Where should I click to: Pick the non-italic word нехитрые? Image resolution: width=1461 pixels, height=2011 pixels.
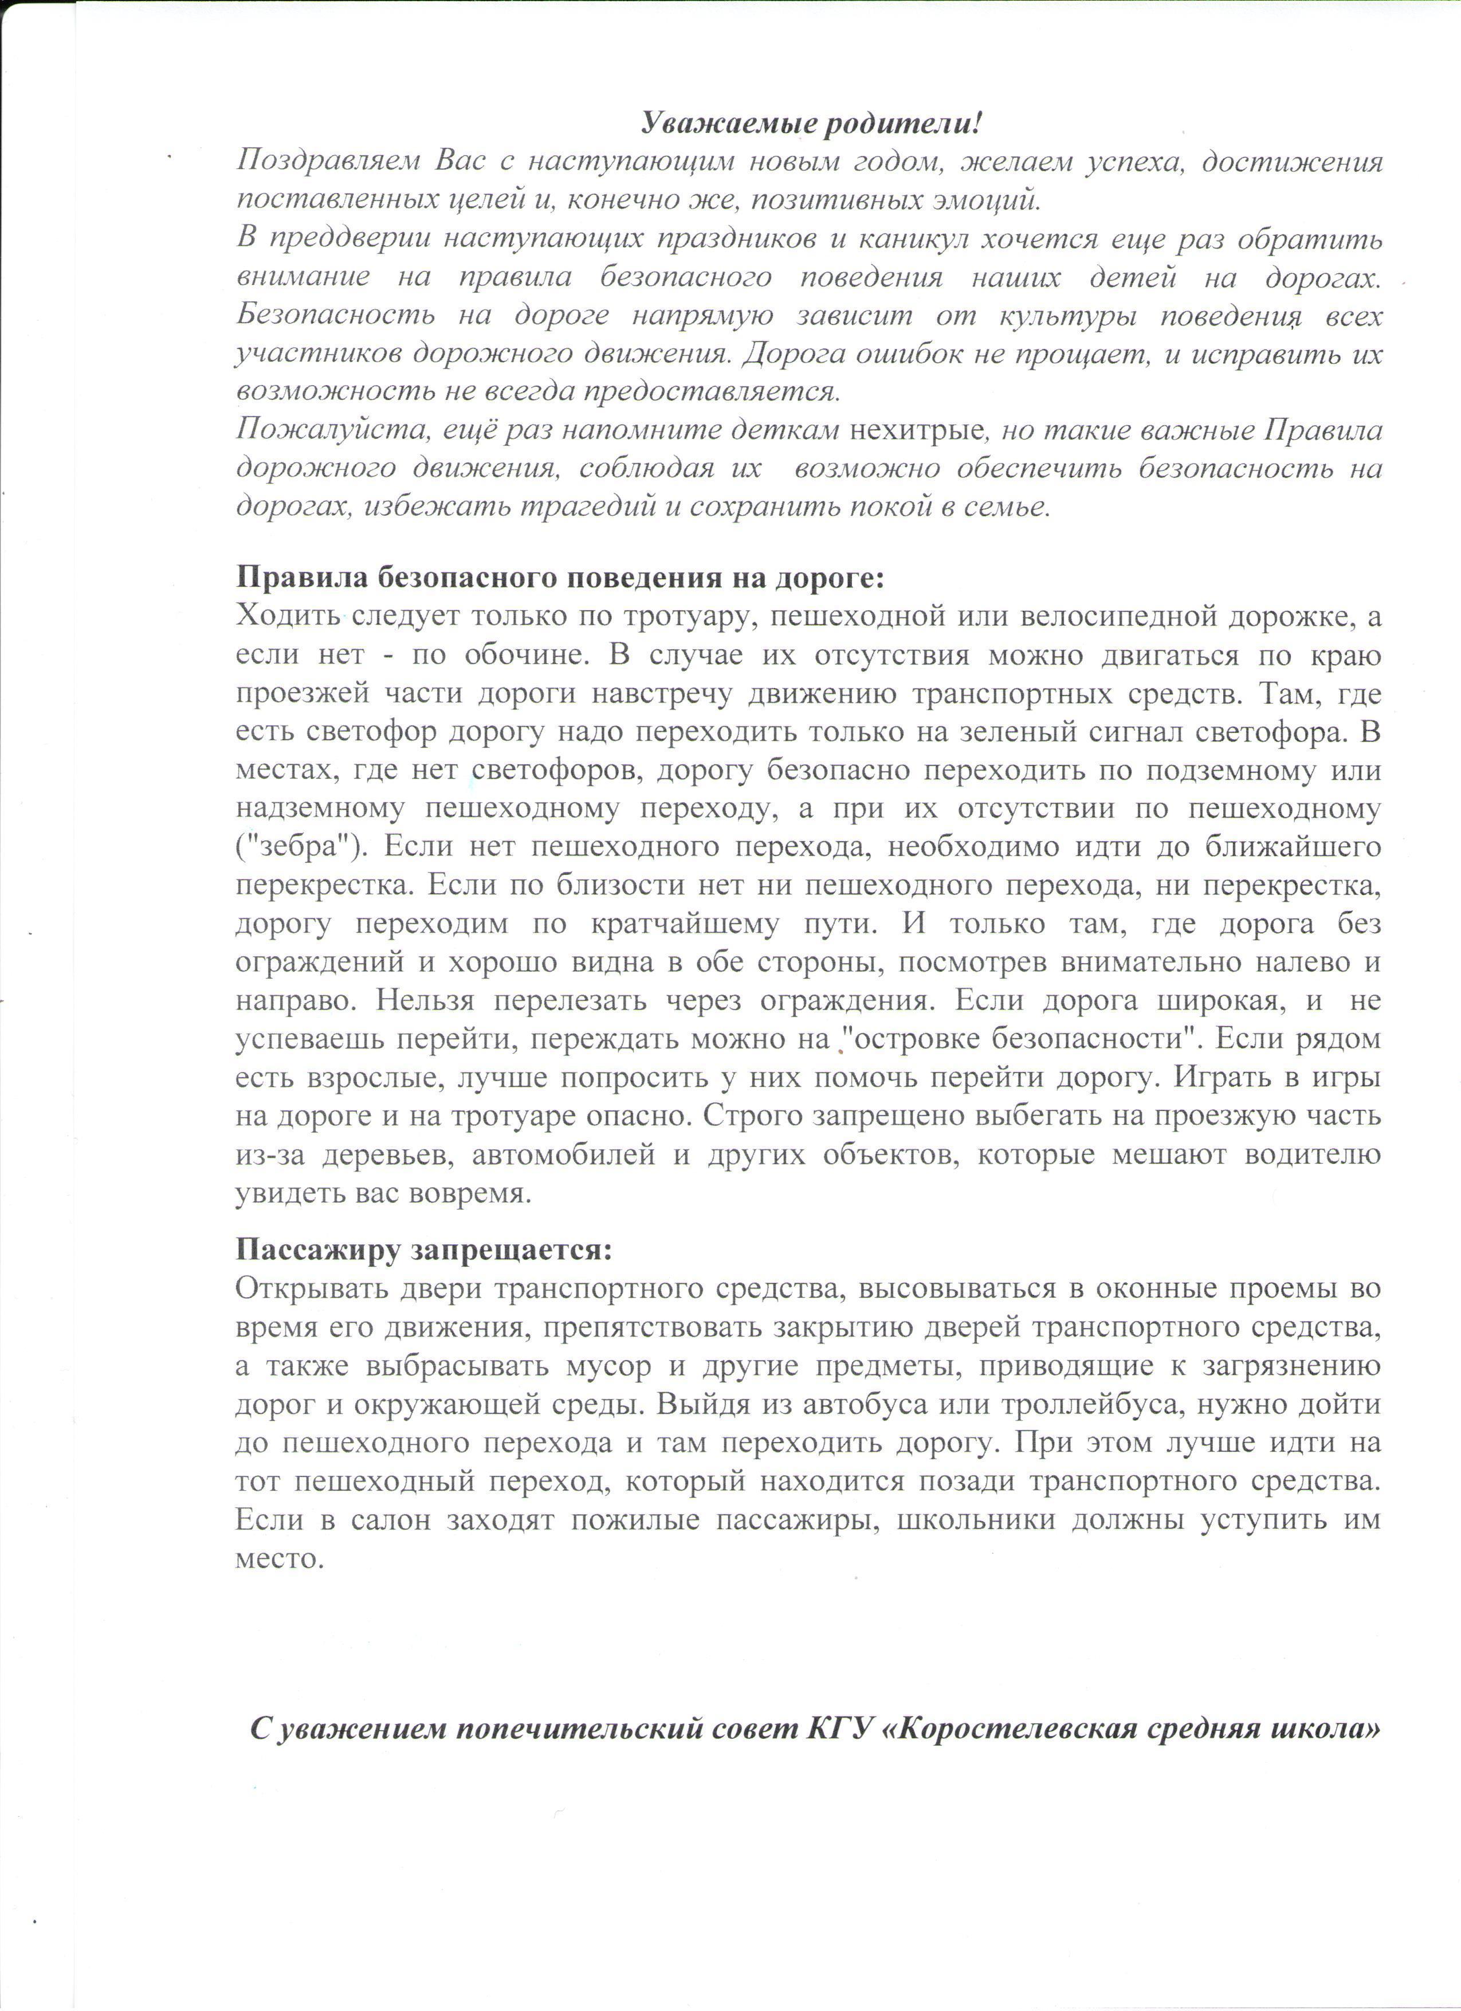pos(916,430)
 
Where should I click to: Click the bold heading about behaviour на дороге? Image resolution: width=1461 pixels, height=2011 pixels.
pos(560,578)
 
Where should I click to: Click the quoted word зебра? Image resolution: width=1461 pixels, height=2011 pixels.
pos(295,847)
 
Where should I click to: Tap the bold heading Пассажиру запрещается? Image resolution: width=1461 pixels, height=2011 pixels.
pos(424,1250)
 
